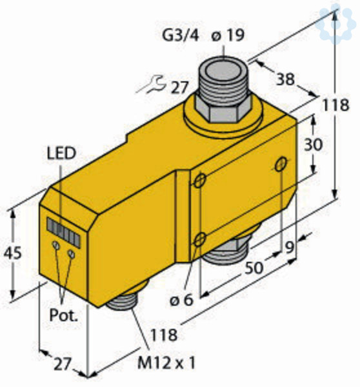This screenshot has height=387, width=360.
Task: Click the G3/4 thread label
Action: (181, 35)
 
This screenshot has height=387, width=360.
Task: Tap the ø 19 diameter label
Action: (228, 35)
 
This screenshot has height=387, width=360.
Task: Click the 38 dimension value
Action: (285, 79)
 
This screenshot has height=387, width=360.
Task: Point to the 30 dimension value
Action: (314, 144)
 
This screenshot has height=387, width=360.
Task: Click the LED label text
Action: (61, 153)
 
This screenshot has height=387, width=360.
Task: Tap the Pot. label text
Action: (64, 315)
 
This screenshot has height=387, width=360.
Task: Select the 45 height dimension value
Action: (12, 253)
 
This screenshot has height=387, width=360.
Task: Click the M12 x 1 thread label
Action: (166, 362)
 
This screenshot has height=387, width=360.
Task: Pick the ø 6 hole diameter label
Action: (181, 300)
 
